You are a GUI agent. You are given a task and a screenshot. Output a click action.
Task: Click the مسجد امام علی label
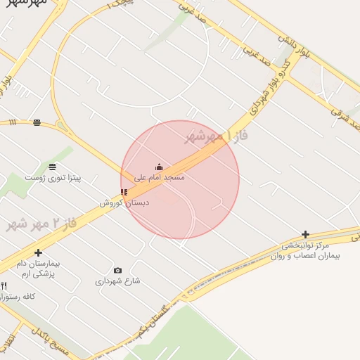pyautogui.click(x=160, y=178)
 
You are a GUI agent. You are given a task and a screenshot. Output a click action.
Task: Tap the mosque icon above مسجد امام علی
pyautogui.click(x=160, y=167)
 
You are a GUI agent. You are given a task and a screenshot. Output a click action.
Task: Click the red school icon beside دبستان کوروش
pyautogui.click(x=124, y=192)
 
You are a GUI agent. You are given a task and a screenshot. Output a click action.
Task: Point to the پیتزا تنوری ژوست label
pyautogui.click(x=53, y=178)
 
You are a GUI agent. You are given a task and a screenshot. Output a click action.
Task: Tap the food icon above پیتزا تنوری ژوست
pyautogui.click(x=53, y=167)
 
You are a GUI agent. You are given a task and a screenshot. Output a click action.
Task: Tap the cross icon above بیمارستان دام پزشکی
pyautogui.click(x=38, y=252)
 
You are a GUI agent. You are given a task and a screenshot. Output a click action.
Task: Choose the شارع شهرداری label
pyautogui.click(x=117, y=281)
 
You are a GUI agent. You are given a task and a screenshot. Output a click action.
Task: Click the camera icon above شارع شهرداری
pyautogui.click(x=117, y=270)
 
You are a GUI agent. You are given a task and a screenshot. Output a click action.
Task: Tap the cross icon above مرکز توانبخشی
pyautogui.click(x=305, y=234)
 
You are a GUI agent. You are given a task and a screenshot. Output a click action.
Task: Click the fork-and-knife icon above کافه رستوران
pyautogui.click(x=4, y=285)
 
